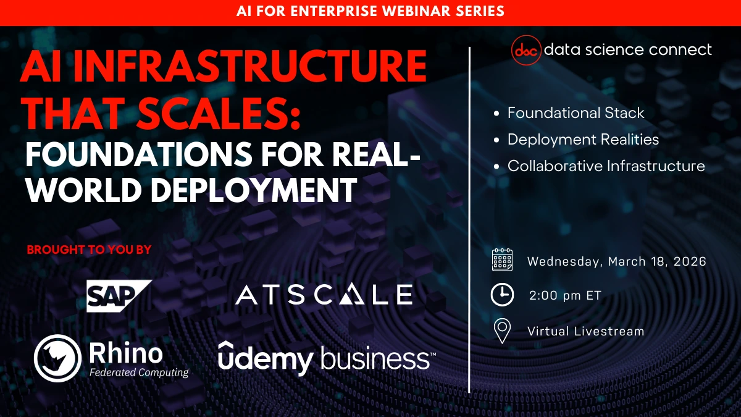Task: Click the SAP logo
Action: click(x=119, y=295)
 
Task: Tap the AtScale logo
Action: click(x=324, y=295)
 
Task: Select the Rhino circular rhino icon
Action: click(x=57, y=358)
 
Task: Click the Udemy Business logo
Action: click(x=327, y=359)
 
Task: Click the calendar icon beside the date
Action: click(x=502, y=261)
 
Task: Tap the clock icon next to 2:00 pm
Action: click(x=502, y=295)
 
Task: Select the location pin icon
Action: click(x=502, y=331)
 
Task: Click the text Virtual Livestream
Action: click(x=585, y=331)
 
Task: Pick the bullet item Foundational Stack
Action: click(x=576, y=113)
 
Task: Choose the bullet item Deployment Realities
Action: click(x=583, y=140)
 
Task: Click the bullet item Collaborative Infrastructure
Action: click(x=606, y=166)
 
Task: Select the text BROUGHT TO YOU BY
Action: click(x=89, y=250)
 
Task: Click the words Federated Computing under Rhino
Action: click(x=138, y=373)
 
